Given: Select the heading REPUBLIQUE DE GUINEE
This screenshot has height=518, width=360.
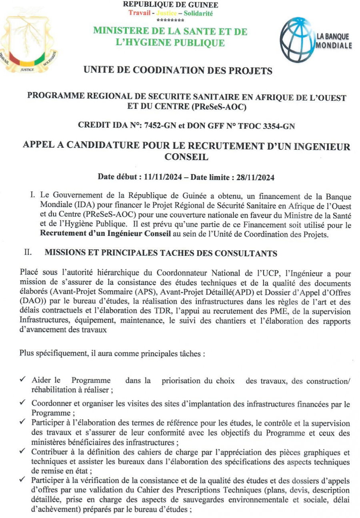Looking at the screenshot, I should tap(170, 5).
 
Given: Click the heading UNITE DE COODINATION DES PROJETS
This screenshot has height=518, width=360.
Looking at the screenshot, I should tap(178, 71).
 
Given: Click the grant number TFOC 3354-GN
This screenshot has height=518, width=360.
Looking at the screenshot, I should tap(263, 126).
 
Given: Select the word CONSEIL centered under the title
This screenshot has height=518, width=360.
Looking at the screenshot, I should tap(186, 157).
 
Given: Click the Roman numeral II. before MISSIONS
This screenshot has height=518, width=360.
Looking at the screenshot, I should tap(28, 253).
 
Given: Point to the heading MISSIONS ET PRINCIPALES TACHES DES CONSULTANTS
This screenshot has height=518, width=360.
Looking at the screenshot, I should tap(160, 253).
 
